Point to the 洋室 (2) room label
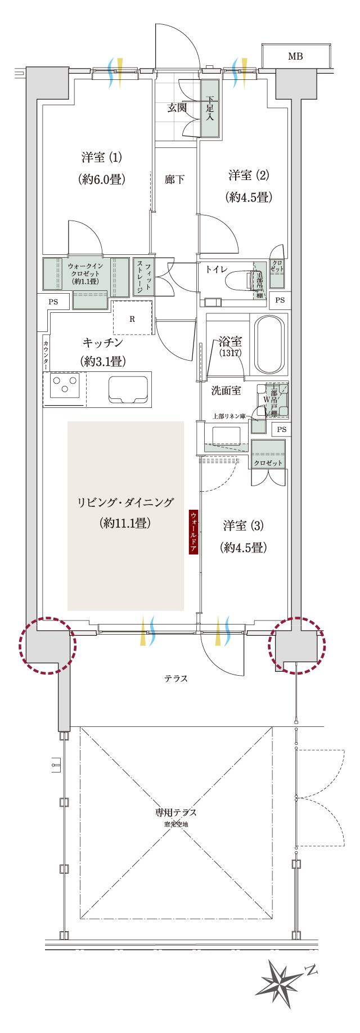point(249,176)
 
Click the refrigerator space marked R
point(132,319)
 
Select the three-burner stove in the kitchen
point(65,385)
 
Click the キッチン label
point(102,343)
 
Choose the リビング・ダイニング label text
point(126,502)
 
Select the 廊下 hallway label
point(174,180)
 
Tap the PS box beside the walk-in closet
point(53,302)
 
